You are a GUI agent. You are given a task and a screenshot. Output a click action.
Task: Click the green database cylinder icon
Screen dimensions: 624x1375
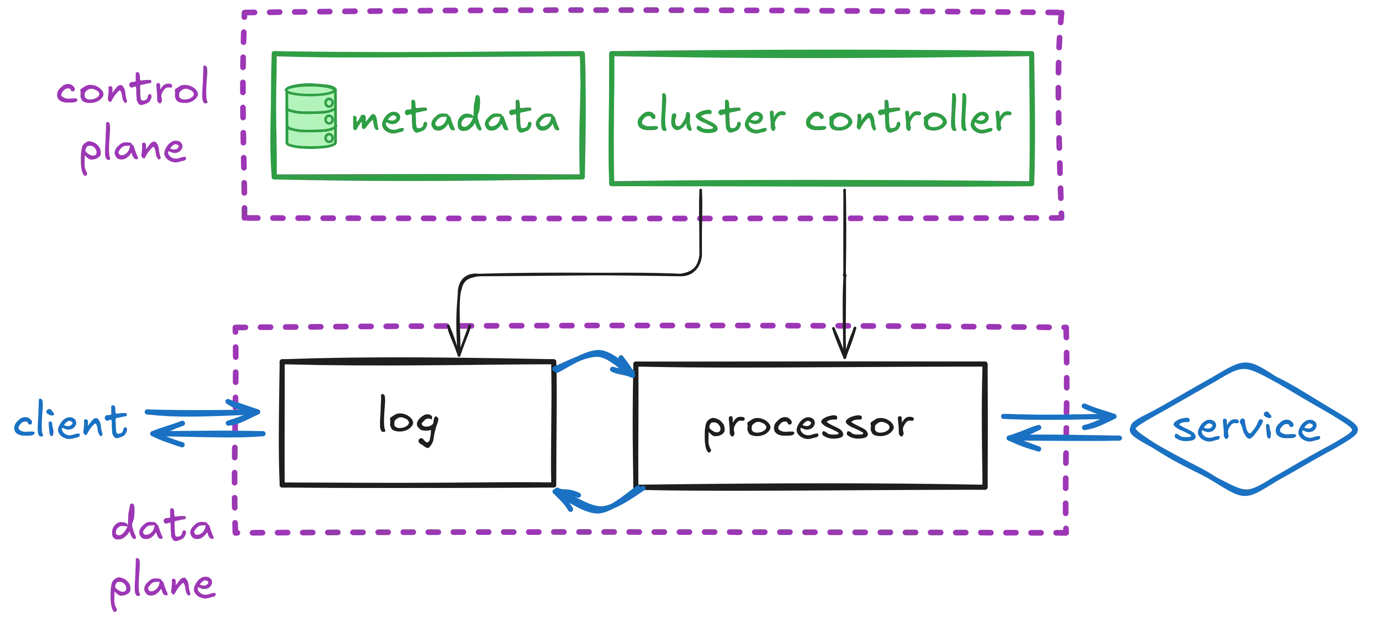(x=310, y=116)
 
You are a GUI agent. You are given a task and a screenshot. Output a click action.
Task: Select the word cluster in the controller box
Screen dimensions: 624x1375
(x=710, y=118)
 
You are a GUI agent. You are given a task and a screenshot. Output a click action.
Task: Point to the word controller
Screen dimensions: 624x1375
(x=908, y=118)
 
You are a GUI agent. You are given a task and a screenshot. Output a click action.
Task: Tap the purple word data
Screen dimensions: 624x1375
(x=162, y=529)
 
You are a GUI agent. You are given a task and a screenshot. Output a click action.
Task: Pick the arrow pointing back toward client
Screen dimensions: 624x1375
(x=208, y=434)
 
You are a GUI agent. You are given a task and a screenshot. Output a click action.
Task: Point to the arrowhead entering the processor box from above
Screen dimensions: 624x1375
(x=843, y=342)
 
